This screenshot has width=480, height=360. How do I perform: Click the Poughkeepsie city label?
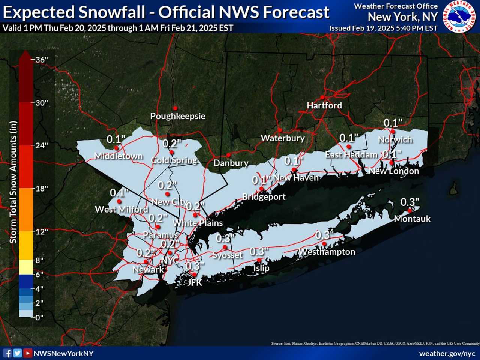click(178, 116)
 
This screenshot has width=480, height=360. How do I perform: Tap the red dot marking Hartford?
click(322, 97)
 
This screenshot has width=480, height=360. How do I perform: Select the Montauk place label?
click(412, 219)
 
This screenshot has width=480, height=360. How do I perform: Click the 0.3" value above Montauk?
click(409, 202)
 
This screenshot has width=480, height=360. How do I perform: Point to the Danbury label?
click(231, 163)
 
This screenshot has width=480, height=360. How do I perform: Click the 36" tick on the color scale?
click(42, 60)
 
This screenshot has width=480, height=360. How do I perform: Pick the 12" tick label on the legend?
click(42, 232)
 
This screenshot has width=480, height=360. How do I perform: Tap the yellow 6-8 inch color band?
click(26, 267)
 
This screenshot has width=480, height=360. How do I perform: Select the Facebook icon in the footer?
click(7, 353)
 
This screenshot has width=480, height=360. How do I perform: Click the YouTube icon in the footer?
click(27, 353)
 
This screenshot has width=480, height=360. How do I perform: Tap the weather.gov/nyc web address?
click(447, 354)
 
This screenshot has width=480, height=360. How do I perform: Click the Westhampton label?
click(327, 252)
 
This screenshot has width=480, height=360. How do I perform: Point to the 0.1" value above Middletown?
click(115, 139)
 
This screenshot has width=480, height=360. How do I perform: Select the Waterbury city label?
click(283, 138)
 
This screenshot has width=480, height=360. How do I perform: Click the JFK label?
click(195, 282)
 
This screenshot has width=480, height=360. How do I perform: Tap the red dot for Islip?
click(259, 260)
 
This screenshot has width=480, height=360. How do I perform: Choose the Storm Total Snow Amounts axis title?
click(13, 182)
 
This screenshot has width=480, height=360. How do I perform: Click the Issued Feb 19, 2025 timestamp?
click(383, 28)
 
